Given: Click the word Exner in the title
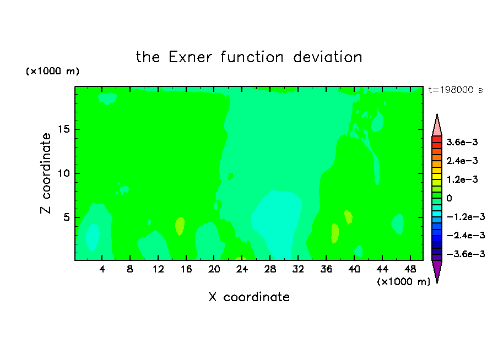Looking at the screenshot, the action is point(190,57).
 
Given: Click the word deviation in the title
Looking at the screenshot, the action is point(327,57).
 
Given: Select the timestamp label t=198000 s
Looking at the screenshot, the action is point(456,90).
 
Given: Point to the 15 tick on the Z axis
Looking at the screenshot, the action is point(64,129).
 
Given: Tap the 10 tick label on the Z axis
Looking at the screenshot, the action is point(64,173).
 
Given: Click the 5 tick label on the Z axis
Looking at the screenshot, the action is point(66,217).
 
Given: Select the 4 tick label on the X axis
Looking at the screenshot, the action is point(102,269).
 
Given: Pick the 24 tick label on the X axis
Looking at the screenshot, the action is point(242,269).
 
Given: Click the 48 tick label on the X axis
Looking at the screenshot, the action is point(410,269).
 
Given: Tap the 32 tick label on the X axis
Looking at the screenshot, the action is point(298,269).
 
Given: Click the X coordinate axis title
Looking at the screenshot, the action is point(249,297).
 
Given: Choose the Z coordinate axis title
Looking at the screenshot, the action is point(46,173).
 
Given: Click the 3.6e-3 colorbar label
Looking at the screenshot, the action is point(462,142).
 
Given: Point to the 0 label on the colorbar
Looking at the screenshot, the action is point(449,198).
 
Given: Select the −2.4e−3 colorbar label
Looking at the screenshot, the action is point(465,236).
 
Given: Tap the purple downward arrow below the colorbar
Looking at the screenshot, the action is point(437,271).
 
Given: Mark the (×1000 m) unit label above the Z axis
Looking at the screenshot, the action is point(52,71).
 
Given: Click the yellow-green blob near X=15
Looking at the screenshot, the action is point(180,226).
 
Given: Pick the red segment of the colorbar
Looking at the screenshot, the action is point(437,139).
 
